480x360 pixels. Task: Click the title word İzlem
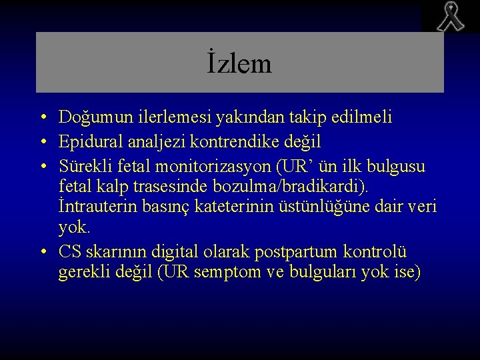239,64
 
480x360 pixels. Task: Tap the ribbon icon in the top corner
450,17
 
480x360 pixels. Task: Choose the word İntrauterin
97,207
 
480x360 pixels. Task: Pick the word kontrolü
376,251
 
